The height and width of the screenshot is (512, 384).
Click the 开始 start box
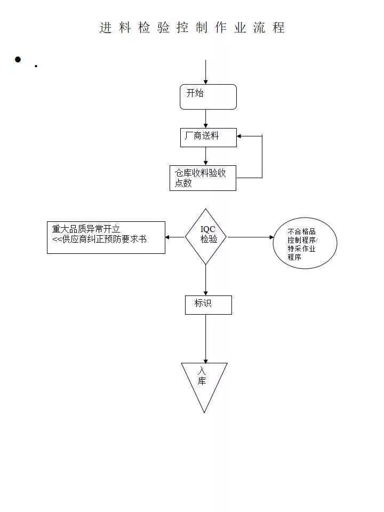pyautogui.click(x=208, y=97)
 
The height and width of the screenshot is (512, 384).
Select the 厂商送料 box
pyautogui.click(x=208, y=137)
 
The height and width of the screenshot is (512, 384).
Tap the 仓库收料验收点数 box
pyautogui.click(x=203, y=178)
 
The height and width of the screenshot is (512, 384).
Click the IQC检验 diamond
pyautogui.click(x=206, y=236)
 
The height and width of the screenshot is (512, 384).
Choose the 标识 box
pyautogui.click(x=208, y=305)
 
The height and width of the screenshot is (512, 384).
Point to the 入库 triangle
pyautogui.click(x=204, y=381)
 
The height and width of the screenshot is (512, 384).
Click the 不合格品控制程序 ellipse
pyautogui.click(x=305, y=243)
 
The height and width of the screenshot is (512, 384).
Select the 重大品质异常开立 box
pyautogui.click(x=106, y=237)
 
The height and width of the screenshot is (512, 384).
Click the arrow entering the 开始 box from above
pyautogui.click(x=205, y=72)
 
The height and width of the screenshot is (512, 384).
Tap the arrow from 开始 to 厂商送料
pyautogui.click(x=205, y=118)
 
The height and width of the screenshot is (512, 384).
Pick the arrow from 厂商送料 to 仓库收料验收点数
pyautogui.click(x=205, y=156)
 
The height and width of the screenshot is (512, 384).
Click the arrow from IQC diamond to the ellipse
pyautogui.click(x=250, y=237)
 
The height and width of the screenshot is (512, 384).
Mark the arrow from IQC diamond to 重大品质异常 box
pyautogui.click(x=175, y=237)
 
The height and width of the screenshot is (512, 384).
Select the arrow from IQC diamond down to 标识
pyautogui.click(x=205, y=280)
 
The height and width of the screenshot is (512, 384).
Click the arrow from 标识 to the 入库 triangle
pyautogui.click(x=205, y=339)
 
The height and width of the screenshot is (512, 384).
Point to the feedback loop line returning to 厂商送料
pyautogui.click(x=262, y=157)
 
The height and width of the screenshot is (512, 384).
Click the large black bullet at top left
pyautogui.click(x=18, y=59)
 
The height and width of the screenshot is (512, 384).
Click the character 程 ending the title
pyautogui.click(x=278, y=28)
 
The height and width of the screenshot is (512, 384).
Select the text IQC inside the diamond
pyautogui.click(x=207, y=229)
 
